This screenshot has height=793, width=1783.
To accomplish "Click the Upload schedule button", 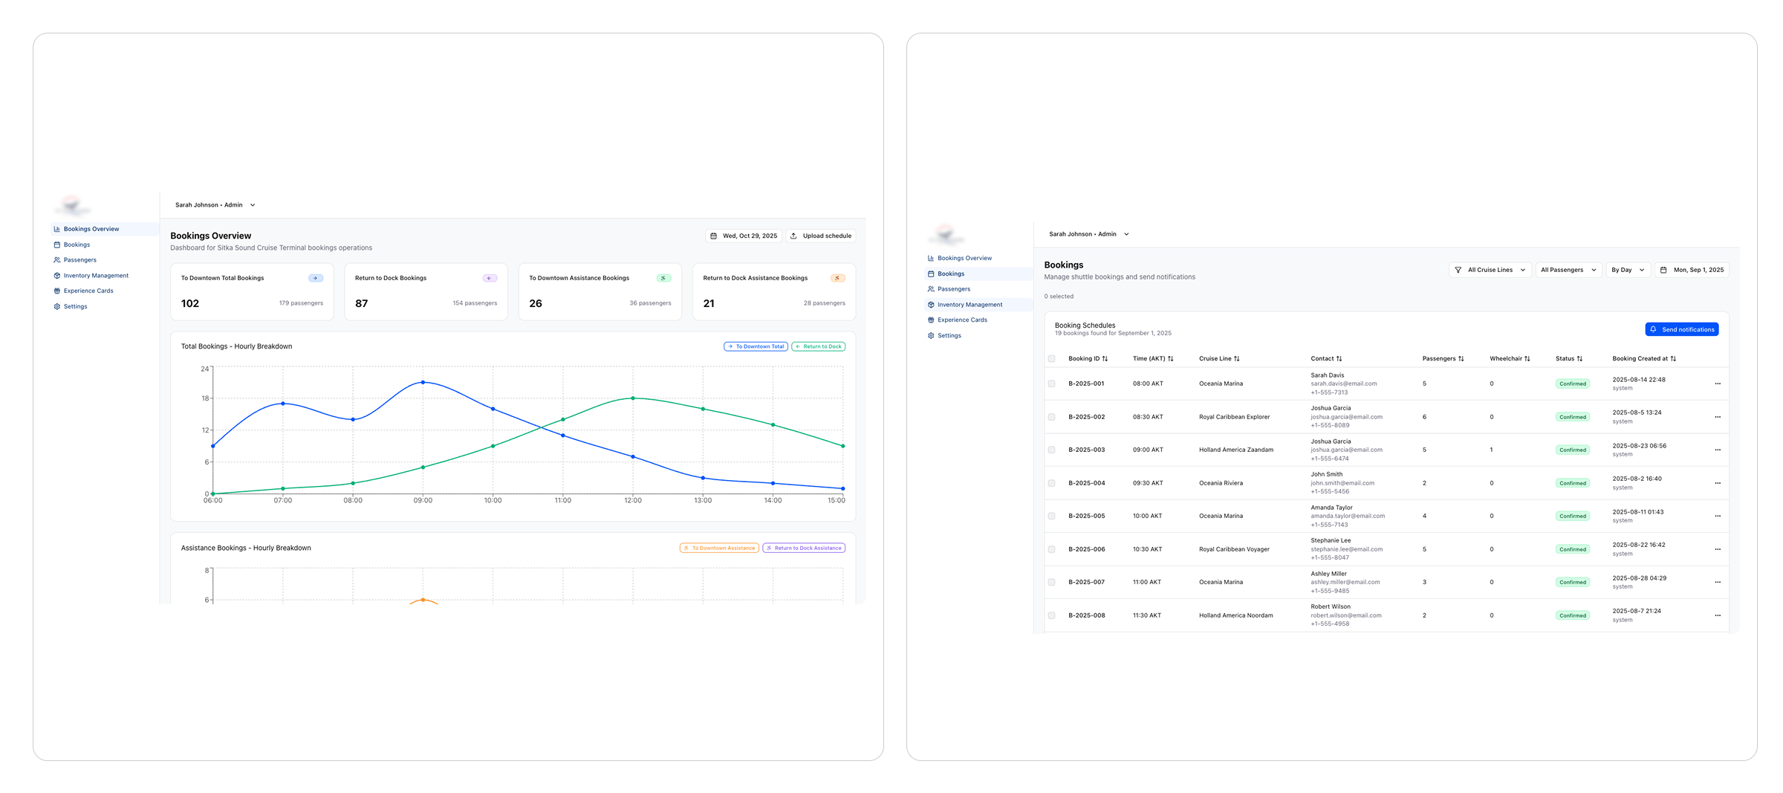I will pos(821,236).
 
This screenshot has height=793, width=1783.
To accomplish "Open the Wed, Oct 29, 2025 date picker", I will pos(743,236).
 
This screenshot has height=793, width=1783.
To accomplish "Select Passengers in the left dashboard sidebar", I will pos(79,260).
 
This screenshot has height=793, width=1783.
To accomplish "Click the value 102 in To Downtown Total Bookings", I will pos(190,303).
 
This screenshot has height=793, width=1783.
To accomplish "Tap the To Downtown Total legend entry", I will pos(756,346).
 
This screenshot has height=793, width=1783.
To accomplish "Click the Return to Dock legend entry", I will pos(818,346).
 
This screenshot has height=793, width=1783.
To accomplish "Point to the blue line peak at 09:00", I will pos(423,382).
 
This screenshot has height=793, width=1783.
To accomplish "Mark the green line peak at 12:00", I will pos(633,398).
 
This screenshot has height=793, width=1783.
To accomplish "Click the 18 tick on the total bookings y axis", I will pos(205,398).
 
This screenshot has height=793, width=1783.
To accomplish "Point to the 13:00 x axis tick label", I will pos(703,501).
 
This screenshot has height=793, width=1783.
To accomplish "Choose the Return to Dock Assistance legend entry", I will pos(804,548).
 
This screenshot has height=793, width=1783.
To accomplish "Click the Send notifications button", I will pos(1681,329).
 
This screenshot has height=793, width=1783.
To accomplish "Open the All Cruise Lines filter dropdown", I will pos(1489,270).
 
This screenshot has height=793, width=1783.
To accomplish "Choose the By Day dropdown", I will pos(1628,270).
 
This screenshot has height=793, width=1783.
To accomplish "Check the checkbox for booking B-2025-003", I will pos(1051,450).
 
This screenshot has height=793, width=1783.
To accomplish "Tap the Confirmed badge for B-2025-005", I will pos(1572,516).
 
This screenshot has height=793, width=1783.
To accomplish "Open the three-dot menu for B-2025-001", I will pos(1718,383).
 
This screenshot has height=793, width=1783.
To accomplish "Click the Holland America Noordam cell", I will pos(1235,615).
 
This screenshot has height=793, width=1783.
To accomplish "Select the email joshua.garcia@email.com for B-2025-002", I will pos(1346,417).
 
